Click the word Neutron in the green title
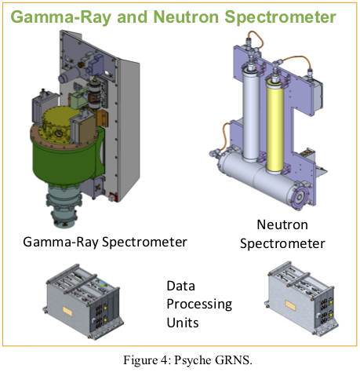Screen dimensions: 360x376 [x=186, y=17]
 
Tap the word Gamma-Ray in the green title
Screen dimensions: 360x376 [x=61, y=18]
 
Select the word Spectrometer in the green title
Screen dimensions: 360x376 [x=280, y=18]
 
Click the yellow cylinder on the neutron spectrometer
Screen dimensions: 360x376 [x=275, y=126]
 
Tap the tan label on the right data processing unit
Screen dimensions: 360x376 [x=290, y=305]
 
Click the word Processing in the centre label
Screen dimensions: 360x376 [x=199, y=305]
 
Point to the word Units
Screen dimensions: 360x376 [x=183, y=323]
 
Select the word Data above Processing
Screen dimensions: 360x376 [x=180, y=286]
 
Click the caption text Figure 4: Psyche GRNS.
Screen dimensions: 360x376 [x=187, y=360]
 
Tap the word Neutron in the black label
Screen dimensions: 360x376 [x=282, y=225]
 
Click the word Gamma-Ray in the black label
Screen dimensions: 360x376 [x=61, y=242]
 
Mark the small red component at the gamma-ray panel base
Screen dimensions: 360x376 [x=113, y=197]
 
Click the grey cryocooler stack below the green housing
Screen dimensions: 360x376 [x=64, y=206]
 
